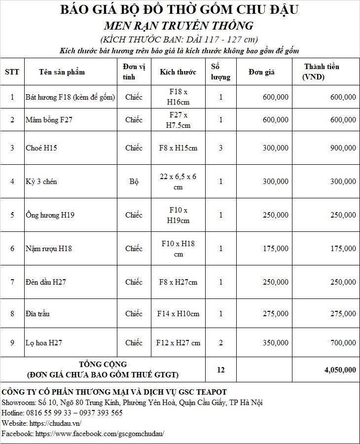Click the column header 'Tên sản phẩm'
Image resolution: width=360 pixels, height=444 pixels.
click(62, 72)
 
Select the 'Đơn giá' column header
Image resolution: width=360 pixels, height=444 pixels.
click(261, 72)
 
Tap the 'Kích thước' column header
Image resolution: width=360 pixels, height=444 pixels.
click(178, 72)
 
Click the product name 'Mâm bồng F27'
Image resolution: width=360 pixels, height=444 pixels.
click(49, 120)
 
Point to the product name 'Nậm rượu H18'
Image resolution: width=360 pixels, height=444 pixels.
click(48, 249)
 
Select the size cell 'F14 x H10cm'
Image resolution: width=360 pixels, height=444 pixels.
click(178, 314)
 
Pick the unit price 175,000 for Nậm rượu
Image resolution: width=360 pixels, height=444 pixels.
click(276, 249)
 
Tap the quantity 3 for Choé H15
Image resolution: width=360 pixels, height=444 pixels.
click(221, 148)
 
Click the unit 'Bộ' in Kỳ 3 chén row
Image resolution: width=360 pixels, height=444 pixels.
click(134, 182)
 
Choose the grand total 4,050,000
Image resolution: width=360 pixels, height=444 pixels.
click(340, 370)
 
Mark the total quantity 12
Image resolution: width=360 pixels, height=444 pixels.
click(220, 370)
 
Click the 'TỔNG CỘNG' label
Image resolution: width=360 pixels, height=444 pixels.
click(103, 365)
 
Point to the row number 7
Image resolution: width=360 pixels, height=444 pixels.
click(12, 282)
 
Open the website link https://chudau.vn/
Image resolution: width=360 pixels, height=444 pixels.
click(55, 423)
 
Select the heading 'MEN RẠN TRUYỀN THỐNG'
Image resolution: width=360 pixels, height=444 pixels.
click(179, 26)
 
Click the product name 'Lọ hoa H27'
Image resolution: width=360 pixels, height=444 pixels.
click(43, 343)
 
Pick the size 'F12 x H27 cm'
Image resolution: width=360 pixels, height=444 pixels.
click(178, 343)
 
